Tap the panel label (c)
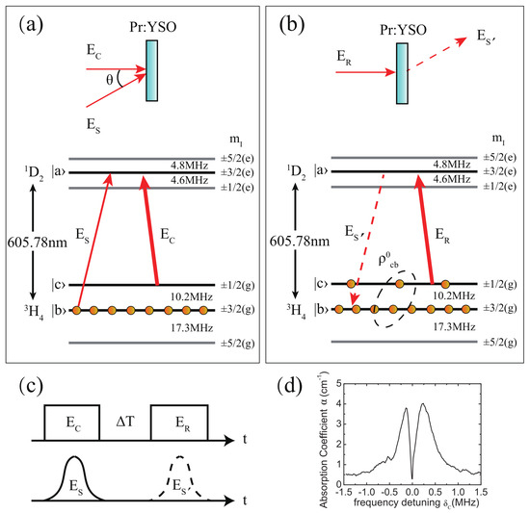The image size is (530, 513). coord(27,390)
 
